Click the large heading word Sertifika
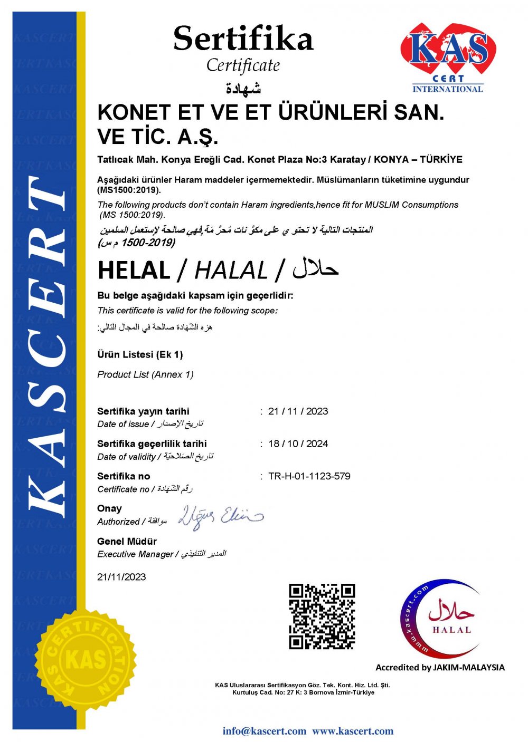(243, 38)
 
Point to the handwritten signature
(220, 516)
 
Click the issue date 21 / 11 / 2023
(298, 411)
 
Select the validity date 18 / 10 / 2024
(298, 444)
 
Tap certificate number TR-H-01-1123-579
(309, 476)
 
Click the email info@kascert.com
(264, 731)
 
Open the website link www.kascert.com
(353, 731)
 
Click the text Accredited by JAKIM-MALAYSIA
(440, 668)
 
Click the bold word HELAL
(134, 271)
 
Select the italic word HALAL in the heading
(231, 271)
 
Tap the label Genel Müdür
(127, 541)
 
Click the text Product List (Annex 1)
(145, 374)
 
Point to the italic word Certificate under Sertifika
(243, 65)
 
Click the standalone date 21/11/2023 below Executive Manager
(121, 577)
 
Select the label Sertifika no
(124, 476)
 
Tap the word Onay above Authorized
(109, 508)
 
